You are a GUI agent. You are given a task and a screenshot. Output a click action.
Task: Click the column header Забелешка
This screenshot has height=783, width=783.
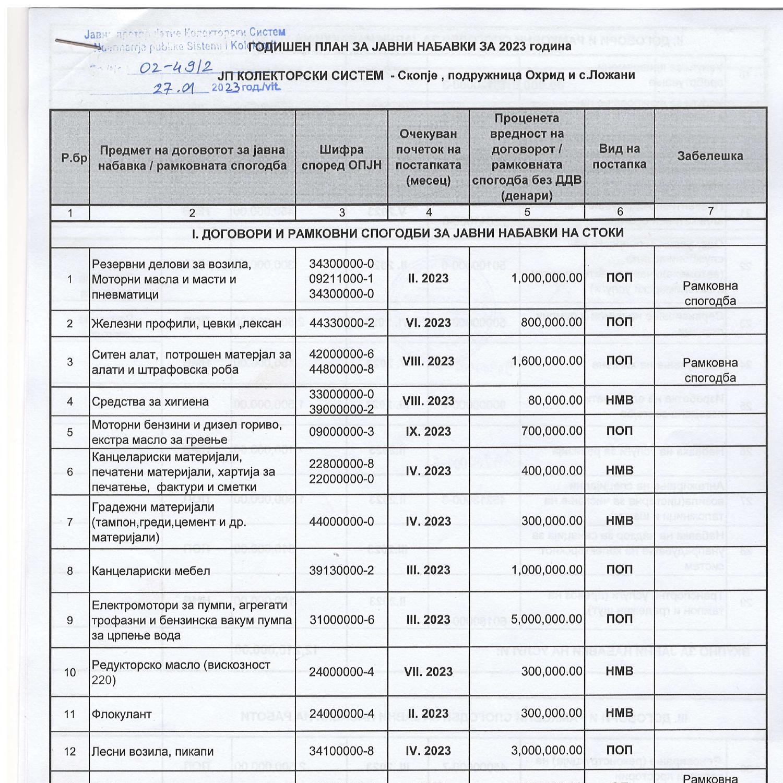click(710, 156)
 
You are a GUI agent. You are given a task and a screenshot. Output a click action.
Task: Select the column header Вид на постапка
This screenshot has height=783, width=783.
click(619, 157)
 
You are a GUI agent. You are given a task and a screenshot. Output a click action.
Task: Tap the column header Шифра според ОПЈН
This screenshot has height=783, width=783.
click(341, 157)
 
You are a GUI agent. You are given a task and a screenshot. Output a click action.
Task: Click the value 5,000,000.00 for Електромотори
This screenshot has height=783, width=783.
click(547, 619)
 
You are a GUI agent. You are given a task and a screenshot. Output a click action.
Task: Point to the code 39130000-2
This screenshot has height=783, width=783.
click(341, 571)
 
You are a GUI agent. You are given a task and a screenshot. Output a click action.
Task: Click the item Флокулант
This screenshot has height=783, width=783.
click(114, 714)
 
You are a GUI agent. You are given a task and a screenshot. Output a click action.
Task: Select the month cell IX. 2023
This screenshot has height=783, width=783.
click(428, 431)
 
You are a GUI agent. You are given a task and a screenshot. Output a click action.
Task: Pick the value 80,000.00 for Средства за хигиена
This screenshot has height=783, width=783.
click(551, 400)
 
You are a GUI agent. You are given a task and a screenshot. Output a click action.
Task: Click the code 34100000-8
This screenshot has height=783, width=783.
click(341, 751)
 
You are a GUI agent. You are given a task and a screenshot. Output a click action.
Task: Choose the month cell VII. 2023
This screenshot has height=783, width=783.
click(428, 672)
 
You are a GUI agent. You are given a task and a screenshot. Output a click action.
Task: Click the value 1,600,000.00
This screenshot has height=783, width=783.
click(547, 361)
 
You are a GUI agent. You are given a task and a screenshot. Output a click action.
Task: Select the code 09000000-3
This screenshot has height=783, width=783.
click(341, 432)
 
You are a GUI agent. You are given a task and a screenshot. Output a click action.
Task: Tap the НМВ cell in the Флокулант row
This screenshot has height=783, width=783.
click(619, 713)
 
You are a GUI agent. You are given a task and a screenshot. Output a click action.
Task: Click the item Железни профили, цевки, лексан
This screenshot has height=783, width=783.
click(186, 324)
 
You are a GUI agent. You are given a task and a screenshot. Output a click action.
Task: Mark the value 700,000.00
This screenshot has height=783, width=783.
click(551, 431)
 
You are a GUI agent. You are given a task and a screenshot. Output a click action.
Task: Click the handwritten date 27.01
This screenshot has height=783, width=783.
click(174, 89)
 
